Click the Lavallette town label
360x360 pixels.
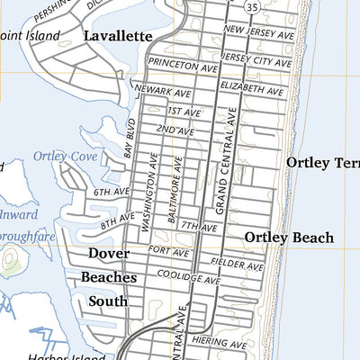(117, 36)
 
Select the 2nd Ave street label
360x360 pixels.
(175, 130)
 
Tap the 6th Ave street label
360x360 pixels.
(111, 192)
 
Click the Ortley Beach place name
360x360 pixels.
(289, 238)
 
